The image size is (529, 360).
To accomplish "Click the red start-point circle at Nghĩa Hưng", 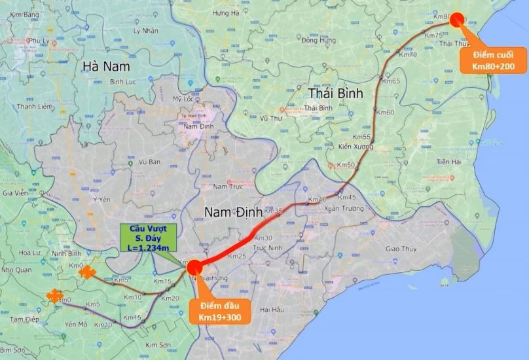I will click(x=194, y=267).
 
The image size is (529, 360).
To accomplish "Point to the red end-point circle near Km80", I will click(x=457, y=19).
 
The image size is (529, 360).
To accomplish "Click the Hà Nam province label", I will click(x=106, y=66).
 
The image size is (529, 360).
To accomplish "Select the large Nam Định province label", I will click(x=233, y=212).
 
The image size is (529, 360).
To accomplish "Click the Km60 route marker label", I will click(x=386, y=113).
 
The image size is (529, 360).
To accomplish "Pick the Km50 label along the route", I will click(x=347, y=164).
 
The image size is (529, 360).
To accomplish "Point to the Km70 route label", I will click(x=408, y=54).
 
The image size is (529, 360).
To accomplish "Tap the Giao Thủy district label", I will click(x=401, y=249).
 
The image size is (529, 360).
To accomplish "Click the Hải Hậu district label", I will click(x=273, y=308).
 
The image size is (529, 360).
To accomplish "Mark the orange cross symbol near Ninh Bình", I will click(x=87, y=272).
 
